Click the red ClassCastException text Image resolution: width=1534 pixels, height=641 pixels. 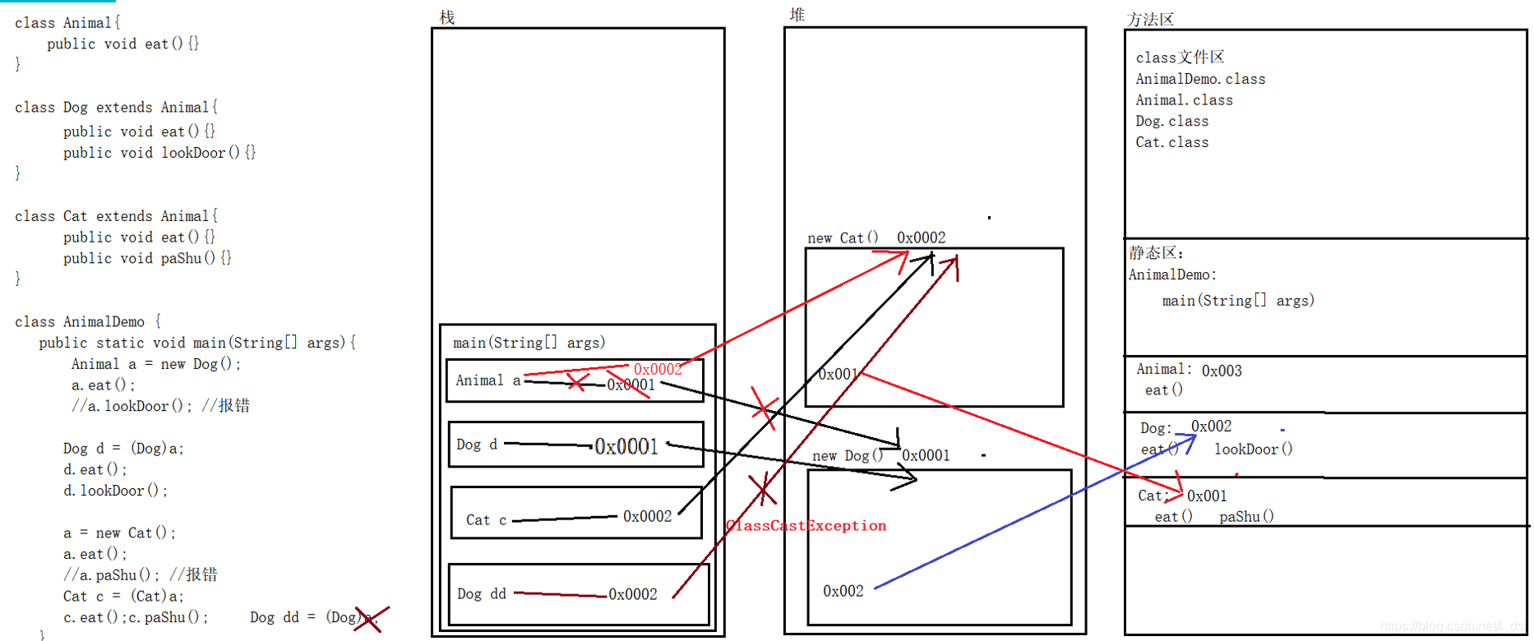tap(806, 526)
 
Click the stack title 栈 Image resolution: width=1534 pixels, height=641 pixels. tap(447, 17)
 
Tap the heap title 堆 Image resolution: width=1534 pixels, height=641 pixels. tap(797, 14)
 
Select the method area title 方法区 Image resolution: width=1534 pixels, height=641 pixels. tap(1150, 19)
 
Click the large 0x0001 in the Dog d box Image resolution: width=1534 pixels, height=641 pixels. tap(626, 446)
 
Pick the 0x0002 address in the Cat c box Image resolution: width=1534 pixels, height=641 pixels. tap(647, 516)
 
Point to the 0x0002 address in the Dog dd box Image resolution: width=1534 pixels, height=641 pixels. tap(632, 594)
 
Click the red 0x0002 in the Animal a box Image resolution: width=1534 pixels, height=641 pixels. tap(658, 369)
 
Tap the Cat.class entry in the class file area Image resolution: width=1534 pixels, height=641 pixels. tap(1171, 142)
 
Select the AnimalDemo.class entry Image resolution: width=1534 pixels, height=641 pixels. tap(1200, 79)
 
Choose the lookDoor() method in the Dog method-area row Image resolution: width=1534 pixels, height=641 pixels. tap(1253, 449)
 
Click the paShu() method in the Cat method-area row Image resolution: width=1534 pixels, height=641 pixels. tap(1246, 516)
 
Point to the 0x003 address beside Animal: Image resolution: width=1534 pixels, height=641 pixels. tap(1222, 371)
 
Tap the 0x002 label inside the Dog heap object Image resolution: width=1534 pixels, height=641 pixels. tap(843, 591)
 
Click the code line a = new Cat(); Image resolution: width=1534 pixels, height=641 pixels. tap(119, 533)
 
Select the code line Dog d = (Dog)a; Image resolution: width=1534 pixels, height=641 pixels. tap(123, 448)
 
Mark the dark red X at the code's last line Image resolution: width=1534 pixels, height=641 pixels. tap(371, 618)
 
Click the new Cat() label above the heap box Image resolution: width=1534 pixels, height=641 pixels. tap(843, 237)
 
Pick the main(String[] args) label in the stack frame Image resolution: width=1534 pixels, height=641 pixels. tap(529, 342)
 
